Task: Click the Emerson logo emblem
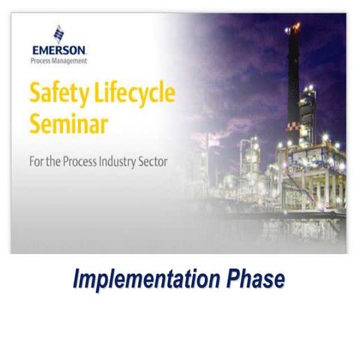coord(58,34)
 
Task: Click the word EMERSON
coord(59,50)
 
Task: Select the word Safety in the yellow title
coord(57,96)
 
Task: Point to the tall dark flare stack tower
coord(295,75)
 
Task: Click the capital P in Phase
coord(235,278)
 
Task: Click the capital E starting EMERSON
coord(35,50)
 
